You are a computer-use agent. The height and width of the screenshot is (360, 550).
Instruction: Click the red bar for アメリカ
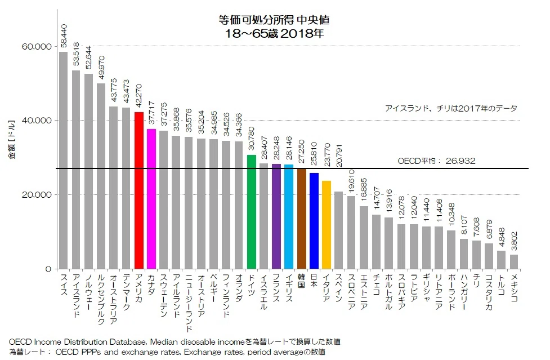click(139, 190)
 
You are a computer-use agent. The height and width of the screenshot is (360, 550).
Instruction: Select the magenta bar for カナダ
click(151, 199)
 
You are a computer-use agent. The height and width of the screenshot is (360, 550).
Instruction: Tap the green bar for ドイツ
click(252, 212)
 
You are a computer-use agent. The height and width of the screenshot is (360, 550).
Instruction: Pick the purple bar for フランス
click(276, 216)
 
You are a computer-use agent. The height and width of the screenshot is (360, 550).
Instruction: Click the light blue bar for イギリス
click(289, 217)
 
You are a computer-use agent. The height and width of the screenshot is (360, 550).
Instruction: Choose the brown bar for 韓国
click(301, 219)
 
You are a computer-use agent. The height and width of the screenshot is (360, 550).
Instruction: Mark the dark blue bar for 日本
click(314, 221)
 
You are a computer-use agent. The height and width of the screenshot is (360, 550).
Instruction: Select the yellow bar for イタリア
click(327, 225)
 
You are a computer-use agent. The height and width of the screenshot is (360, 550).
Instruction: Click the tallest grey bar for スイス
click(64, 161)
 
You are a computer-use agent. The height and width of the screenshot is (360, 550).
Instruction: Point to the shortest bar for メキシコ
click(514, 262)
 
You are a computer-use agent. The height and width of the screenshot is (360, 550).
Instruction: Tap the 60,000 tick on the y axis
click(37, 46)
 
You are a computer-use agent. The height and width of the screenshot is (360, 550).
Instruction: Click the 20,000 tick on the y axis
click(37, 195)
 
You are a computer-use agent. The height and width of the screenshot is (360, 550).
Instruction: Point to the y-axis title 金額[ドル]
click(12, 139)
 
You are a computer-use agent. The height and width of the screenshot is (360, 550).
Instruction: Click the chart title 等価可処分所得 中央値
click(274, 20)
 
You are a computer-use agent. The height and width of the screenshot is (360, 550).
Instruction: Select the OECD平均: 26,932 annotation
click(436, 161)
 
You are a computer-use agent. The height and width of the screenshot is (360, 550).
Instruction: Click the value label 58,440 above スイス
click(64, 36)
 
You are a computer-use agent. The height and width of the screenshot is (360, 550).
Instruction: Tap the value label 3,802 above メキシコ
click(514, 241)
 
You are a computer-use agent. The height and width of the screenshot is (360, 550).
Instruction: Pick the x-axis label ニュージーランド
click(189, 303)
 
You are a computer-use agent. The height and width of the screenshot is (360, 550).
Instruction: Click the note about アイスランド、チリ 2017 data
click(451, 108)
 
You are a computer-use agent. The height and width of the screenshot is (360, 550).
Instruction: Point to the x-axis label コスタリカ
click(489, 292)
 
